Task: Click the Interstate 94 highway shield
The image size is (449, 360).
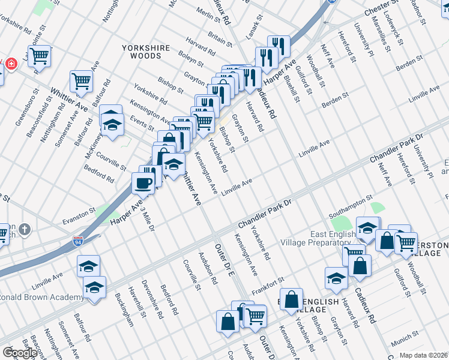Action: click(x=78, y=242)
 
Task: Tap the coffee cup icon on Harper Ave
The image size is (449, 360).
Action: click(x=143, y=182)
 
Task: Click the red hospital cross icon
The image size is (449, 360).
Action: click(x=11, y=64)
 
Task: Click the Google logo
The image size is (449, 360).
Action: click(x=20, y=353)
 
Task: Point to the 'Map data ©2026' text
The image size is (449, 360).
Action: click(x=424, y=355)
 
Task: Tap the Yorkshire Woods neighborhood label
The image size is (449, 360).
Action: click(x=142, y=51)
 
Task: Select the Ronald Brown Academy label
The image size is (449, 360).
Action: click(x=42, y=298)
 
